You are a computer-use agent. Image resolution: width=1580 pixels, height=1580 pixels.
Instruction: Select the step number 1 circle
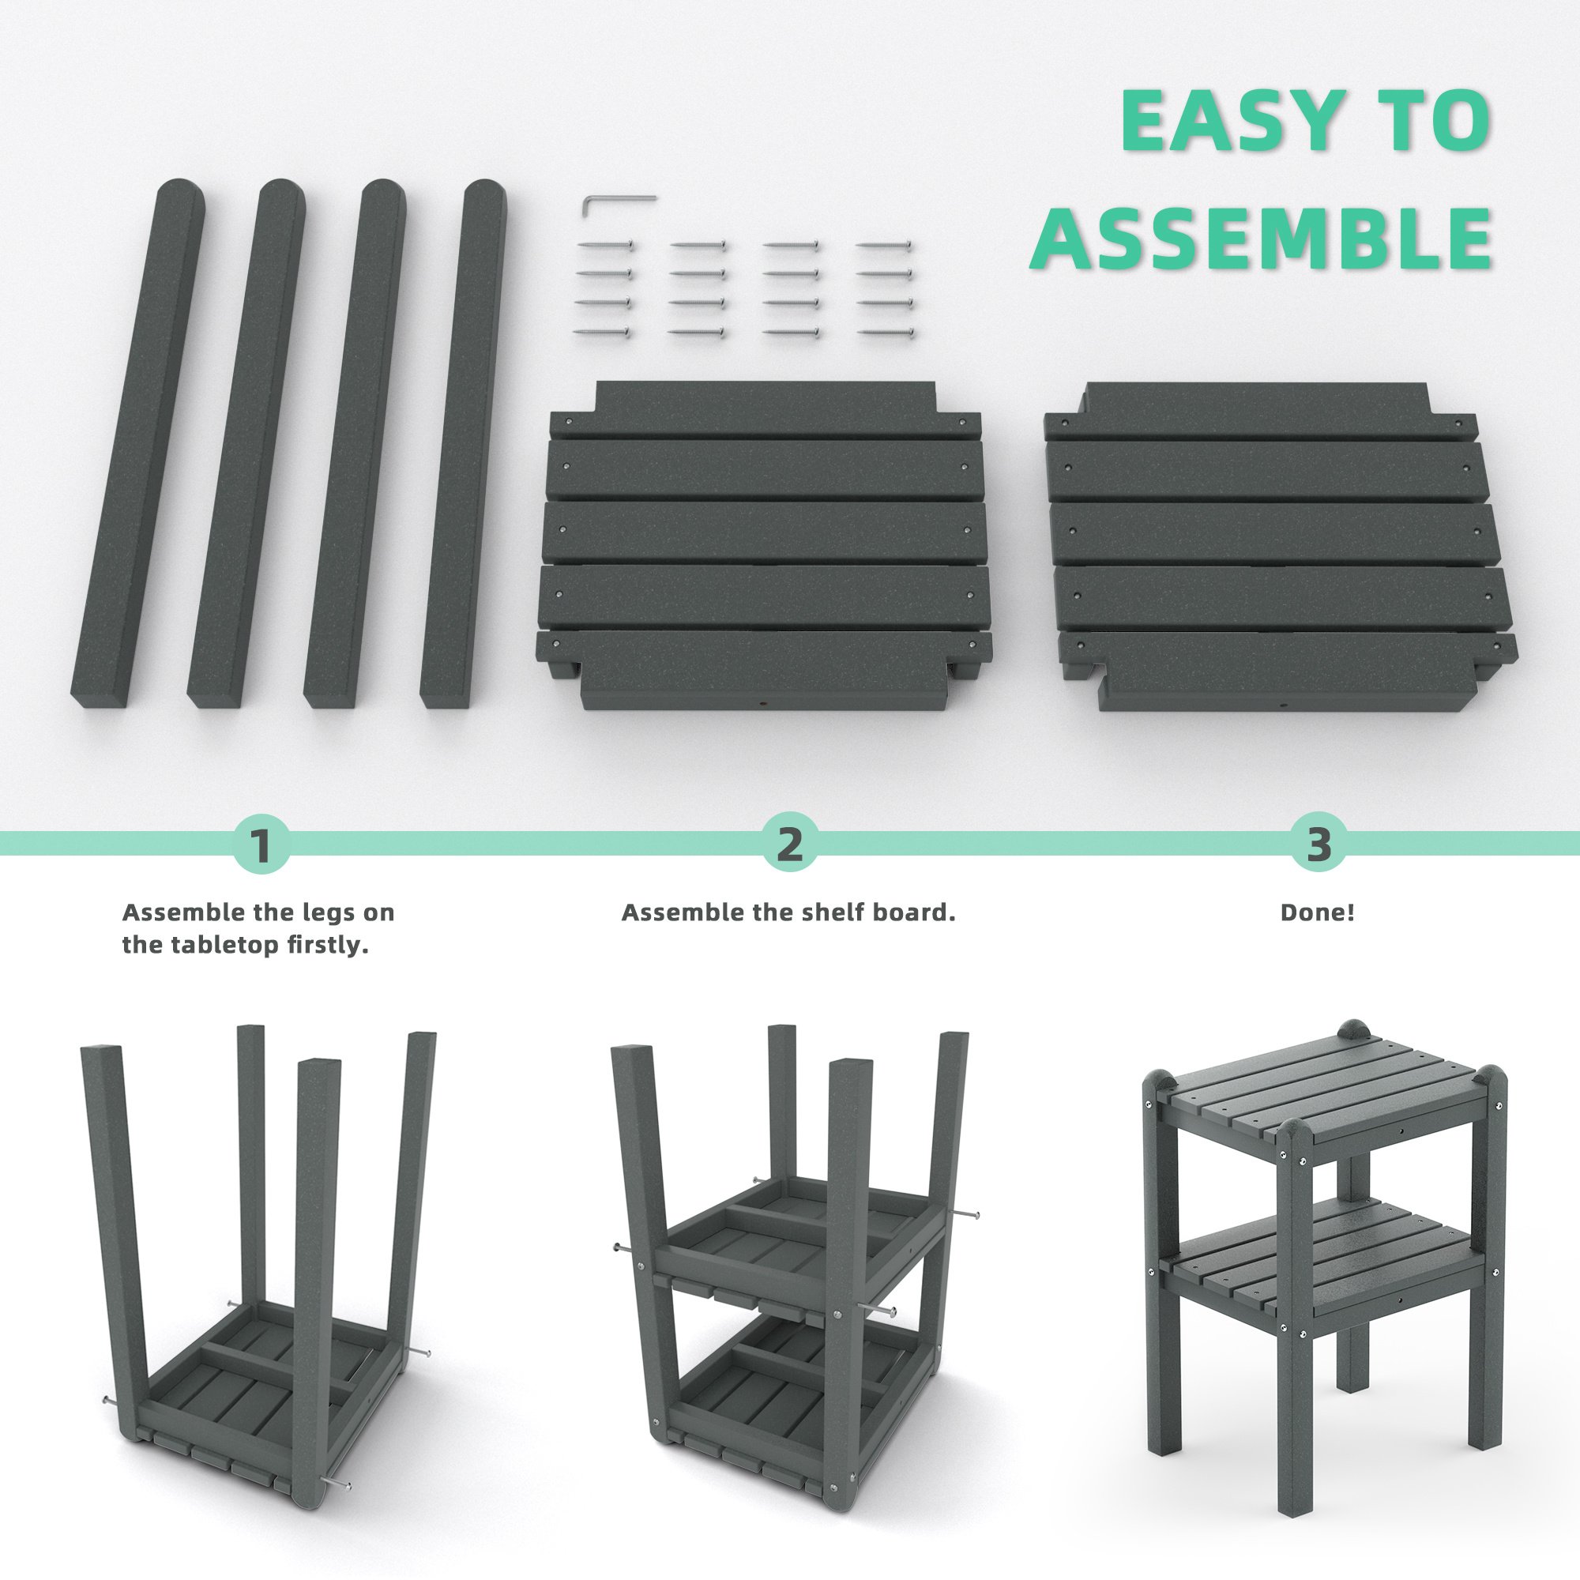(261, 844)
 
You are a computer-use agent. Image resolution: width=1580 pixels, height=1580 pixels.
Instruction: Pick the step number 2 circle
(789, 844)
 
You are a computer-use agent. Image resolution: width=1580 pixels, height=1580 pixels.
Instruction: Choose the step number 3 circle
(1319, 844)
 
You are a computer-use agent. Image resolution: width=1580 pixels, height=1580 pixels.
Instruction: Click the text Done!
(1318, 912)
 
